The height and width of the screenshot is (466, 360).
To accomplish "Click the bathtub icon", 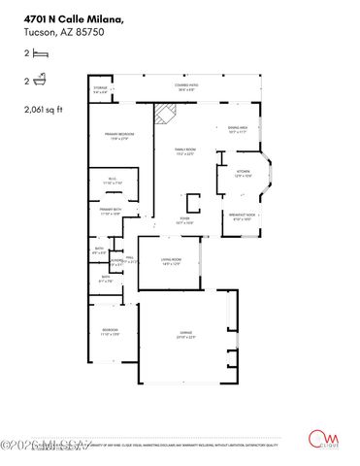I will click(38, 84).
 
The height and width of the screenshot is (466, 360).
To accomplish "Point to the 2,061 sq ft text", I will click(44, 111).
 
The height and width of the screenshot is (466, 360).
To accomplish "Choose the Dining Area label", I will click(239, 129).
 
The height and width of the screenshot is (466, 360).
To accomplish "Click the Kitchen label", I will click(244, 174).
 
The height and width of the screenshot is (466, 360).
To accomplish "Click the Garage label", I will click(185, 336).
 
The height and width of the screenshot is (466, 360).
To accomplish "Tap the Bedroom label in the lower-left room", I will click(111, 332).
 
